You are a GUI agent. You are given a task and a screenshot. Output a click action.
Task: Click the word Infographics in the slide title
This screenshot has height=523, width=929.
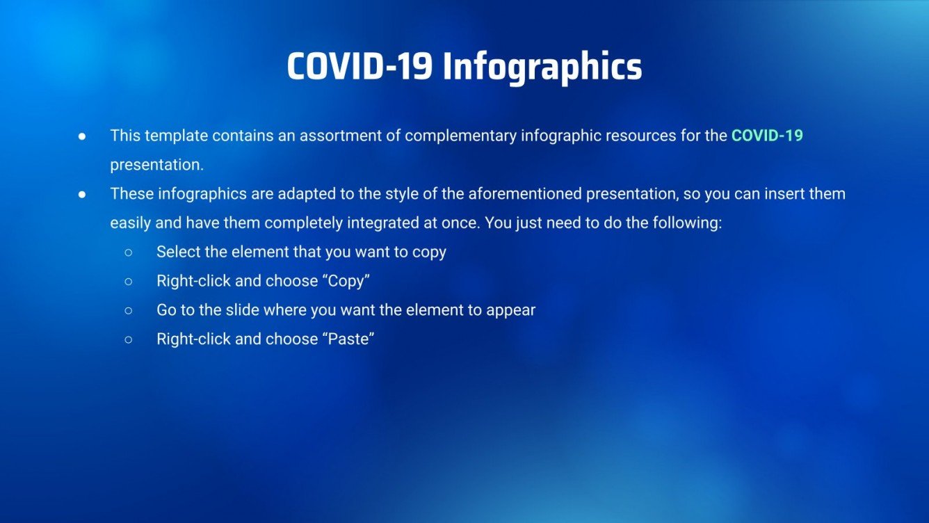[x=542, y=67]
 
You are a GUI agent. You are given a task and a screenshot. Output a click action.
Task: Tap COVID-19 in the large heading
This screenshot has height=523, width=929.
[x=360, y=67]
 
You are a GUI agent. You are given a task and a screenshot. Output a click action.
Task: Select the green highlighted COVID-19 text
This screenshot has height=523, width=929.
[x=767, y=136]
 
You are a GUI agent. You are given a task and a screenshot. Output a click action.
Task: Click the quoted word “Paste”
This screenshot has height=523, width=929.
[x=350, y=339]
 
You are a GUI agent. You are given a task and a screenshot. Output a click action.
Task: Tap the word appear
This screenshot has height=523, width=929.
[x=512, y=310]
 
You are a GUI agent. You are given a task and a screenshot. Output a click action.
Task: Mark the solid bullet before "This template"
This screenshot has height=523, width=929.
[x=82, y=136]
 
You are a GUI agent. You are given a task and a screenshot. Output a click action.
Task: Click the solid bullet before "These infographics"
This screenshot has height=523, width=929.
[x=82, y=194]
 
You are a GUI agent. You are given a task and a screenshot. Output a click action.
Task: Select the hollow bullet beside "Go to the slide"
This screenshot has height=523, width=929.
[x=129, y=311]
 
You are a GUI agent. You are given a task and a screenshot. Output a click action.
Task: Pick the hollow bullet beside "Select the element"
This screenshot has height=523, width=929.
[x=129, y=252]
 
